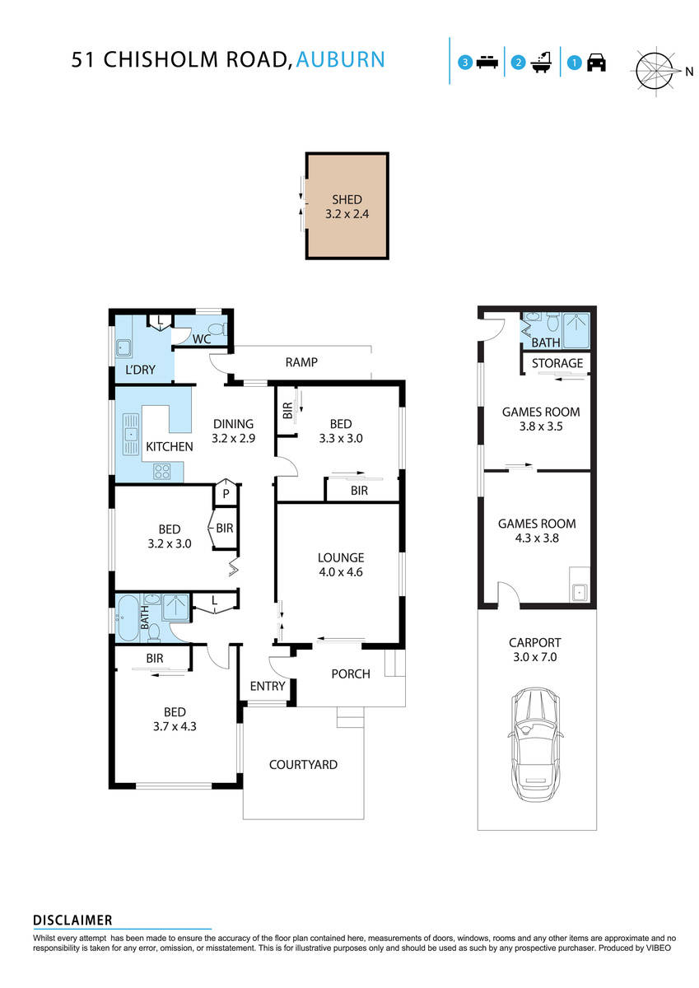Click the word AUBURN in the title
pos(340,59)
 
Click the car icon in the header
pos(596,63)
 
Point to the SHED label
pos(347,199)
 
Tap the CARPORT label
pos(536,642)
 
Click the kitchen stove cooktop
pos(163,472)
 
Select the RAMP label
pos(301,362)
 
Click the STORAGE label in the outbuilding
pos(557,363)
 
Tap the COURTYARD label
pos(303,764)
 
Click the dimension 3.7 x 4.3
pos(174,726)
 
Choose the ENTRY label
pos(267,686)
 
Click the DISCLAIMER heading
pos(72,920)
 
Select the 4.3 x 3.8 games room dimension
pos(536,538)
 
